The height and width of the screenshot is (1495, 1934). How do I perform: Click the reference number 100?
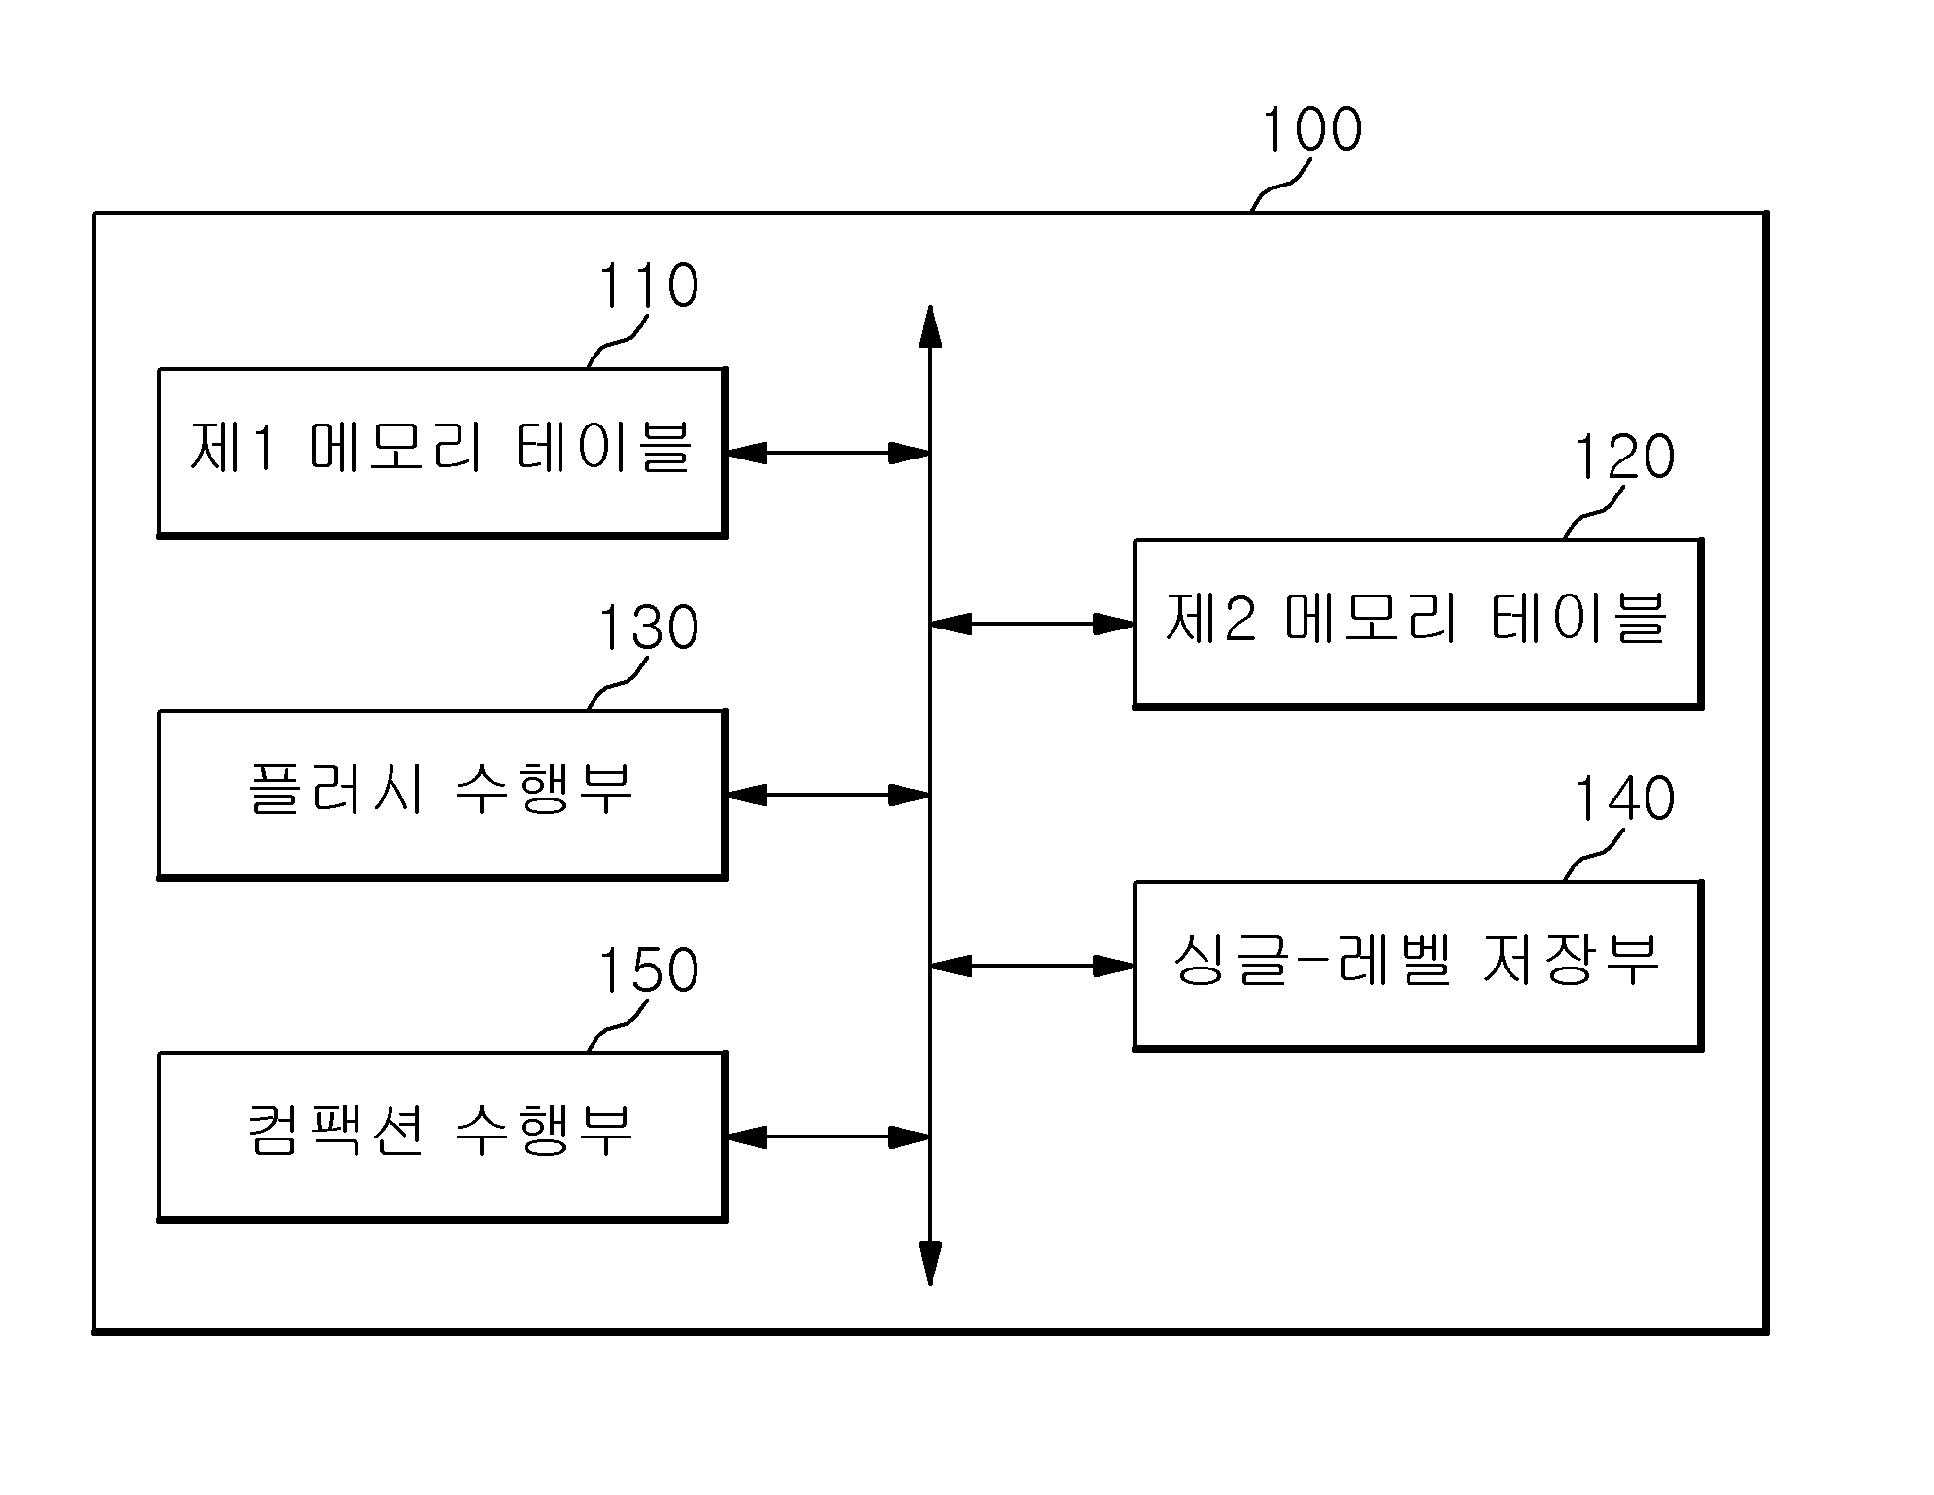1311,129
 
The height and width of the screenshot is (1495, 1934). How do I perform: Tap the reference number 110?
648,286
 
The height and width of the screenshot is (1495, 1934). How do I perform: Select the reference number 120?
1624,457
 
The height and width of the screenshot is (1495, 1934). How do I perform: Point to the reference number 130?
648,628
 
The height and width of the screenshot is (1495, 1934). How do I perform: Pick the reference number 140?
1624,798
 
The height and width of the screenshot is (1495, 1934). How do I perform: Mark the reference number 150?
648,969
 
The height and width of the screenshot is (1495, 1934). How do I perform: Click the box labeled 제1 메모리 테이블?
443,453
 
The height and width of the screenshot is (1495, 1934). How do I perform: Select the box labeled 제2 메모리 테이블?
1418,624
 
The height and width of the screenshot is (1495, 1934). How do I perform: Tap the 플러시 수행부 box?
443,795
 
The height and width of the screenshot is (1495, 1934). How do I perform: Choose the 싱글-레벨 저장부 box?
1418,966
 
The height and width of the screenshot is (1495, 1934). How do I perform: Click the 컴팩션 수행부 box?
443,1137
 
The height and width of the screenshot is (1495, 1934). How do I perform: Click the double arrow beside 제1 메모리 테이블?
829,453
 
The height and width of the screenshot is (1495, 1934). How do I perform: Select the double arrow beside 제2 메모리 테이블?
1032,624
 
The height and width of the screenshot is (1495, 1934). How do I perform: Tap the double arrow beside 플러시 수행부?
829,795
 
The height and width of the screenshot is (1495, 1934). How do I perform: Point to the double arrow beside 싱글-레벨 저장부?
1032,966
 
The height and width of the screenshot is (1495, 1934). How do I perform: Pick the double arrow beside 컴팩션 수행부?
829,1137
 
